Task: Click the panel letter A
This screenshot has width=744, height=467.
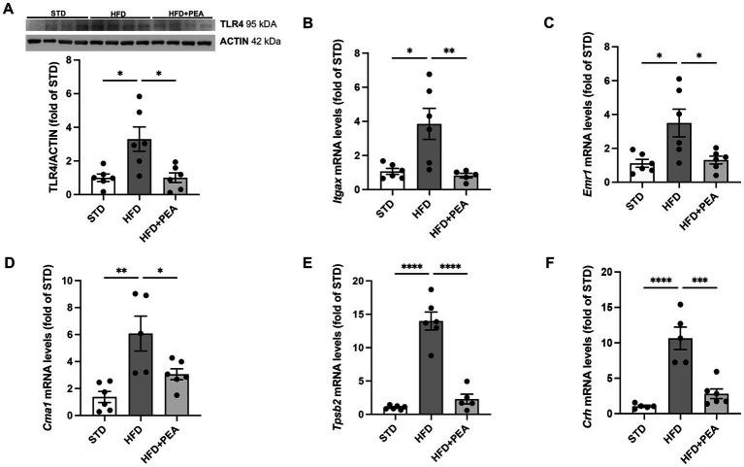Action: coord(8,10)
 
